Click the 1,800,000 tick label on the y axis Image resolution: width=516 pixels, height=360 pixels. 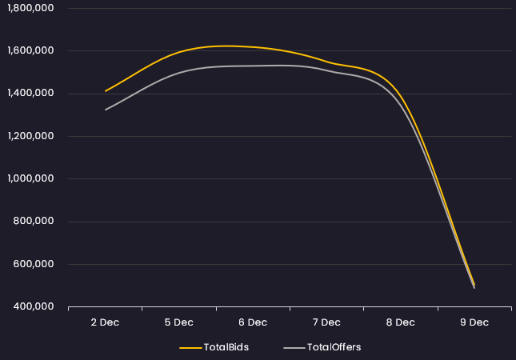28,8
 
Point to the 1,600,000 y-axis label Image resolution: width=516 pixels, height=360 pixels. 28,50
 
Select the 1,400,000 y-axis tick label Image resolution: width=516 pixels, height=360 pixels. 28,94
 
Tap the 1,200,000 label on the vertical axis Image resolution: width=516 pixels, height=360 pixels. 28,136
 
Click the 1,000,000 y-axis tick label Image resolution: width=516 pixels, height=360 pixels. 28,178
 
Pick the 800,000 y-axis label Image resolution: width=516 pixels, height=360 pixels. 33,222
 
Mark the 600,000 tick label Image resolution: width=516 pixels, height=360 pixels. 33,264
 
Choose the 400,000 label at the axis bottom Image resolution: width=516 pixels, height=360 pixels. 33,306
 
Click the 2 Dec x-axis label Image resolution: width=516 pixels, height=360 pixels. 105,322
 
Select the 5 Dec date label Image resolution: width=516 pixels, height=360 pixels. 178,322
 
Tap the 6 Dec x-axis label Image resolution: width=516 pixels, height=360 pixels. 252,322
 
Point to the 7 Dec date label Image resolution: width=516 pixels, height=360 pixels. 326,322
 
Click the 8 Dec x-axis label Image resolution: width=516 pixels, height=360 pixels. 400,322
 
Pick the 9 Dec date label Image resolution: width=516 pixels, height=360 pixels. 474,322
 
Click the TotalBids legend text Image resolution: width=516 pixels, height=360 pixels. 226,347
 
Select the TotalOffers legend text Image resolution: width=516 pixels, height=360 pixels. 334,347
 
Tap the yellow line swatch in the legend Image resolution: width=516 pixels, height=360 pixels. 190,348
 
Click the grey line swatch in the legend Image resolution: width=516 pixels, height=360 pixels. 294,348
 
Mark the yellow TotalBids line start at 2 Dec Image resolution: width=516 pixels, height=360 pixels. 106,91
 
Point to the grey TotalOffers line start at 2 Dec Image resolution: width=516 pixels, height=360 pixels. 106,110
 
